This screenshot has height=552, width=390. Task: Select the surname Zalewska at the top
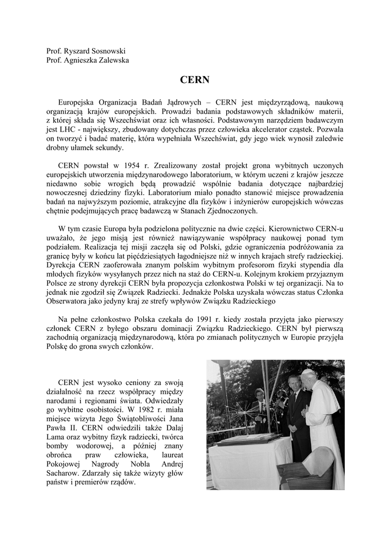click(110, 60)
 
